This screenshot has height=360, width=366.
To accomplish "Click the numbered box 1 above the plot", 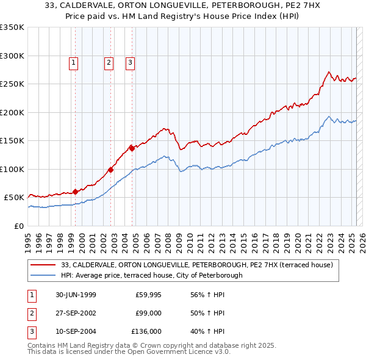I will [73, 61].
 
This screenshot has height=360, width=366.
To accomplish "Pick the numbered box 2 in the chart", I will [109, 61].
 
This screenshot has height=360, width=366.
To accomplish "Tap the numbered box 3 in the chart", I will [131, 61].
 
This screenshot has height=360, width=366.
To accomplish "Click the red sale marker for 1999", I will [76, 192].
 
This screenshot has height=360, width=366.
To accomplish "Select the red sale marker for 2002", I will [111, 170].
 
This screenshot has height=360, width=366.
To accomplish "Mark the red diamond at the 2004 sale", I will [132, 148].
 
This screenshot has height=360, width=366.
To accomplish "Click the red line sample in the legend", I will [44, 265].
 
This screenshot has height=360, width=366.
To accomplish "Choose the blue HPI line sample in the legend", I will [44, 275].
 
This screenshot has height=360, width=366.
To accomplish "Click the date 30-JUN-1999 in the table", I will [76, 295].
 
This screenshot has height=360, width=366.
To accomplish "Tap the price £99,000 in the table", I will [148, 313].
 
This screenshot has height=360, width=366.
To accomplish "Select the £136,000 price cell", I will [146, 331].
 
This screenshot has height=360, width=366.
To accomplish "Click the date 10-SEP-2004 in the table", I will [76, 331].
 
